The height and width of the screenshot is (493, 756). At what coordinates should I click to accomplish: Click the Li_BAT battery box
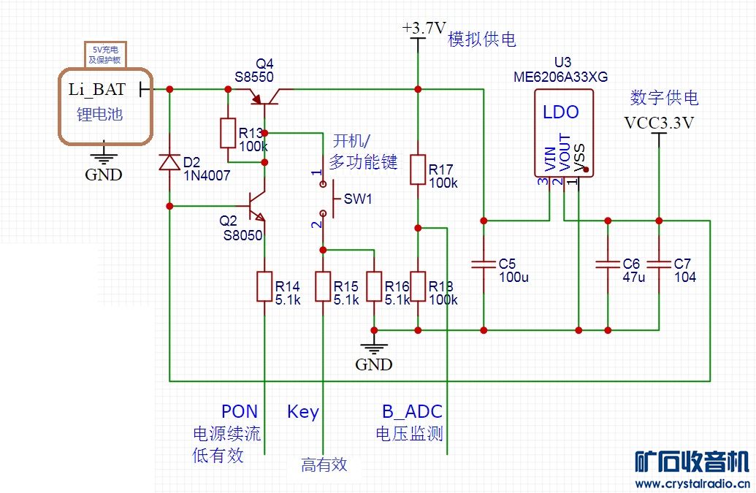[106, 106]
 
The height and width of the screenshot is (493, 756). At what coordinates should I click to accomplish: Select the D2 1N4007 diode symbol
[169, 162]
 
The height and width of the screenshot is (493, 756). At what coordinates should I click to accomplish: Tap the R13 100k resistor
[228, 133]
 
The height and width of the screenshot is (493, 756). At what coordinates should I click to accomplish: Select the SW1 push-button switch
[327, 198]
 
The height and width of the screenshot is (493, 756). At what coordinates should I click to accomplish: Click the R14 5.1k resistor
[264, 286]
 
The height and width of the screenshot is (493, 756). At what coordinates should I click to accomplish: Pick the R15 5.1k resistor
[323, 286]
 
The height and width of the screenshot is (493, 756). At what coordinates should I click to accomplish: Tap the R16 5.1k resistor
[374, 286]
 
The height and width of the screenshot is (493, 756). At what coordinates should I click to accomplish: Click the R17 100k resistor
[418, 169]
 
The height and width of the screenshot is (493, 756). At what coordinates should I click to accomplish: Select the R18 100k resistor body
[418, 286]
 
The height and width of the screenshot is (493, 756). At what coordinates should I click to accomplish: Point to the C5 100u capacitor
[483, 265]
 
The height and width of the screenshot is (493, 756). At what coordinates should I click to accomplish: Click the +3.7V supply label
[424, 28]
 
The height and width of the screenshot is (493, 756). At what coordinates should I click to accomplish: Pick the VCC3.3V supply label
[659, 123]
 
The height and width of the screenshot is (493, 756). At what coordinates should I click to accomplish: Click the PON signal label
[240, 411]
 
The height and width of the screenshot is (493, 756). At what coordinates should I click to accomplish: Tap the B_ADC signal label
[412, 411]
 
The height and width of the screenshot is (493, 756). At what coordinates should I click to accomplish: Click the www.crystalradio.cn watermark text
[690, 484]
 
